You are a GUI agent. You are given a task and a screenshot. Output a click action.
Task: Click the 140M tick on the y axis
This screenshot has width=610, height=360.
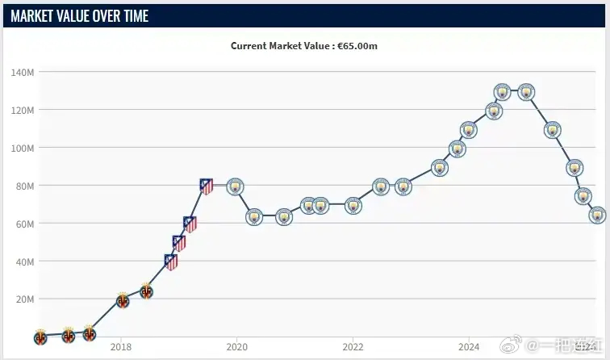click(23, 72)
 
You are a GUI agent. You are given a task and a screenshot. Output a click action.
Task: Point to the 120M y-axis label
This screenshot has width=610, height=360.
click(23, 110)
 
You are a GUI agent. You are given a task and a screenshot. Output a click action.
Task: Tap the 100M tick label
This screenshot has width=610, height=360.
click(23, 148)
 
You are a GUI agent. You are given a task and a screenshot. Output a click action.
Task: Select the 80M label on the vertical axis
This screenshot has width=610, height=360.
click(24, 186)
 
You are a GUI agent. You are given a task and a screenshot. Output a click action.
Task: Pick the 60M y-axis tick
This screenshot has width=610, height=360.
click(24, 224)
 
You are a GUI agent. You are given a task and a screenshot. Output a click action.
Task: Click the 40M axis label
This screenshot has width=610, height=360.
click(24, 262)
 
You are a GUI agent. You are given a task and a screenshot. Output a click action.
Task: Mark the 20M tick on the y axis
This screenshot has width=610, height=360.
click(24, 299)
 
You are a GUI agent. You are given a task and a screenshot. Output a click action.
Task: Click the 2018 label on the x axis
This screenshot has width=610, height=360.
click(121, 348)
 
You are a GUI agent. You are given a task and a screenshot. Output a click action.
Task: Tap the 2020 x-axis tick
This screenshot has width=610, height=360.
click(236, 348)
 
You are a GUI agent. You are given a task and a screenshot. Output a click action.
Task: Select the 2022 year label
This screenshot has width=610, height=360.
click(353, 348)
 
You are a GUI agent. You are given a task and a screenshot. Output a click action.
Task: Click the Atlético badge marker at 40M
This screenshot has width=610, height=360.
click(170, 261)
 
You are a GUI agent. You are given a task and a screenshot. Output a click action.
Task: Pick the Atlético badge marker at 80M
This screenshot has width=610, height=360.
click(207, 186)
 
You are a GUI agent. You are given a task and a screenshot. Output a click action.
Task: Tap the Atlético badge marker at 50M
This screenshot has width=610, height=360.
click(179, 241)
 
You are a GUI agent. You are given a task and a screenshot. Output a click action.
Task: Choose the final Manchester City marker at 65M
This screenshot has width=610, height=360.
click(597, 215)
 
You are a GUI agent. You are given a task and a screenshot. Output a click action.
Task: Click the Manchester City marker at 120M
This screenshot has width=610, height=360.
click(494, 111)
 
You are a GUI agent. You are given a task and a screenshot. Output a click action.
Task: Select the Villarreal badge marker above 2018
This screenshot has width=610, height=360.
click(122, 300)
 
